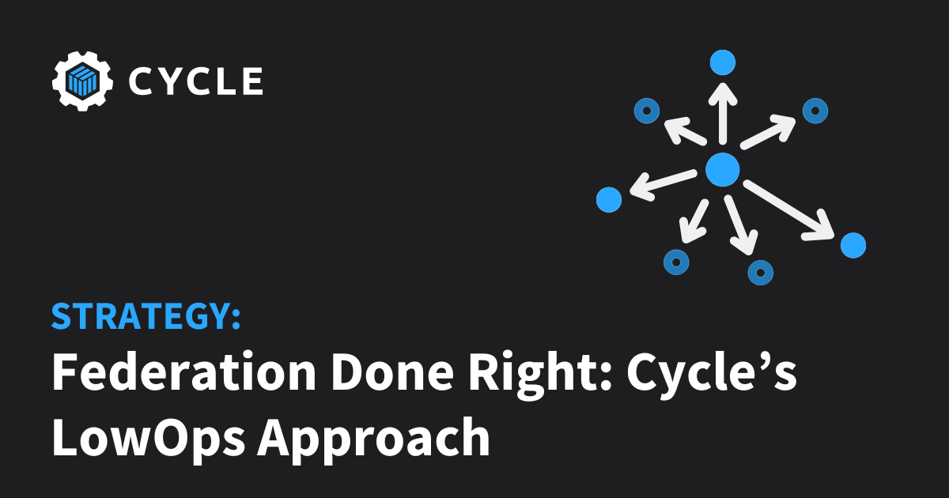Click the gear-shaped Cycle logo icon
tap(82, 81)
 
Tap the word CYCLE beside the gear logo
tap(196, 81)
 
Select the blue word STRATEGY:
tap(146, 316)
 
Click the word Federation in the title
tap(183, 372)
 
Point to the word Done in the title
tap(392, 372)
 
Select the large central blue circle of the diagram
tap(722, 170)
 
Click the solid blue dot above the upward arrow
tap(722, 62)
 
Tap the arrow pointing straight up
tap(723, 114)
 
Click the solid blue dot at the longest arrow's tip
tap(853, 245)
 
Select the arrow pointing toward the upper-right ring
tap(768, 132)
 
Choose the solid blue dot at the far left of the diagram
tap(609, 199)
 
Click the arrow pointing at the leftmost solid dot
tap(664, 185)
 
